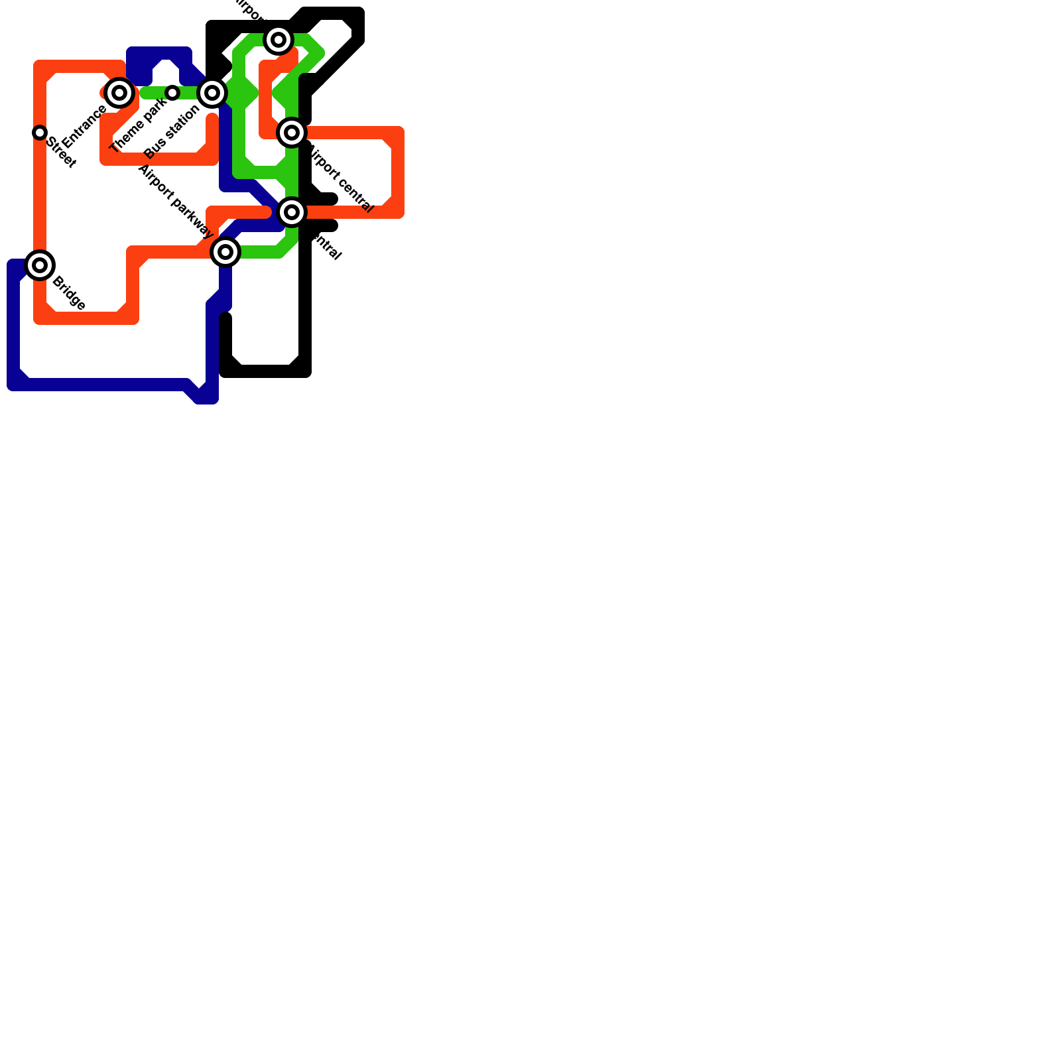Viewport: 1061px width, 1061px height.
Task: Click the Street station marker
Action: (40, 133)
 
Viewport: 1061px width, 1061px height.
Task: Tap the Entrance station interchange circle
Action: (119, 93)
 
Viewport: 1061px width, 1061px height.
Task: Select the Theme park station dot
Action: (172, 93)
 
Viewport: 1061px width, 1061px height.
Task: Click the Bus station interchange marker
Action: (212, 93)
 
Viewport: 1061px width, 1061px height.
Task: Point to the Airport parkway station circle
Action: (225, 252)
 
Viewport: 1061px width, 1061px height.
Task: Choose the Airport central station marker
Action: (292, 133)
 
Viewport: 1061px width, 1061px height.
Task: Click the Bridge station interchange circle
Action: (40, 265)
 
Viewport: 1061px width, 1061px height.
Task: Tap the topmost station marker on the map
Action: (279, 40)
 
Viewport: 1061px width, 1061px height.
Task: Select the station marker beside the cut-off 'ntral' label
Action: (292, 212)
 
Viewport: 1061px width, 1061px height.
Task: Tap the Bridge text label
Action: (68, 292)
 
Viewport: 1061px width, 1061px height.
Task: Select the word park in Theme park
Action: (154, 110)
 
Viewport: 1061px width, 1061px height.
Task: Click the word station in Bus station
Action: (182, 121)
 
